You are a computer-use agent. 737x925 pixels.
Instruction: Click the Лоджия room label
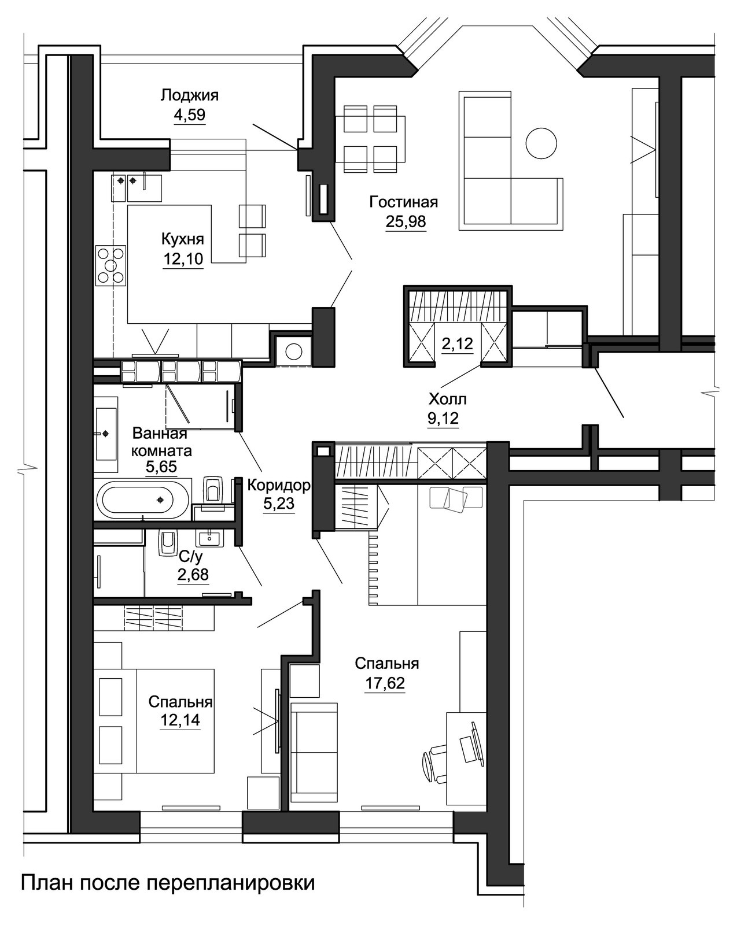pyautogui.click(x=189, y=95)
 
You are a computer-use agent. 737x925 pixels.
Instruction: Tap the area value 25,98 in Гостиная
pyautogui.click(x=406, y=221)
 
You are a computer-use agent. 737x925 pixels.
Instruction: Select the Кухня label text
pyautogui.click(x=183, y=239)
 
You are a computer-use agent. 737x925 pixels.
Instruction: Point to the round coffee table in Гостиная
pyautogui.click(x=541, y=143)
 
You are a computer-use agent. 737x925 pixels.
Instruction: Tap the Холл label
pyautogui.click(x=447, y=399)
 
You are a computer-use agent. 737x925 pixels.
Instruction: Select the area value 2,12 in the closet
pyautogui.click(x=458, y=343)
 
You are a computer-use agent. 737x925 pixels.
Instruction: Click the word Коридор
pyautogui.click(x=278, y=485)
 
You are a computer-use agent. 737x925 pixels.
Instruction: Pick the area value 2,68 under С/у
pyautogui.click(x=193, y=574)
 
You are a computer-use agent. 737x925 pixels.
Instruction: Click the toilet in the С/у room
pyautogui.click(x=168, y=543)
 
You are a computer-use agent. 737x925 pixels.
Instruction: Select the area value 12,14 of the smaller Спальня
pyautogui.click(x=180, y=720)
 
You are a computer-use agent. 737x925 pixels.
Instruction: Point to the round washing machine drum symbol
pyautogui.click(x=293, y=351)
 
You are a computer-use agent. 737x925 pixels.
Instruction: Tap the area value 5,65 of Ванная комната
pyautogui.click(x=161, y=467)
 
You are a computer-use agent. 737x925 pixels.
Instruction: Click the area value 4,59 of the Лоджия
pyautogui.click(x=190, y=115)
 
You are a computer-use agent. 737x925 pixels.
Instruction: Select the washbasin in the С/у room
pyautogui.click(x=210, y=538)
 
